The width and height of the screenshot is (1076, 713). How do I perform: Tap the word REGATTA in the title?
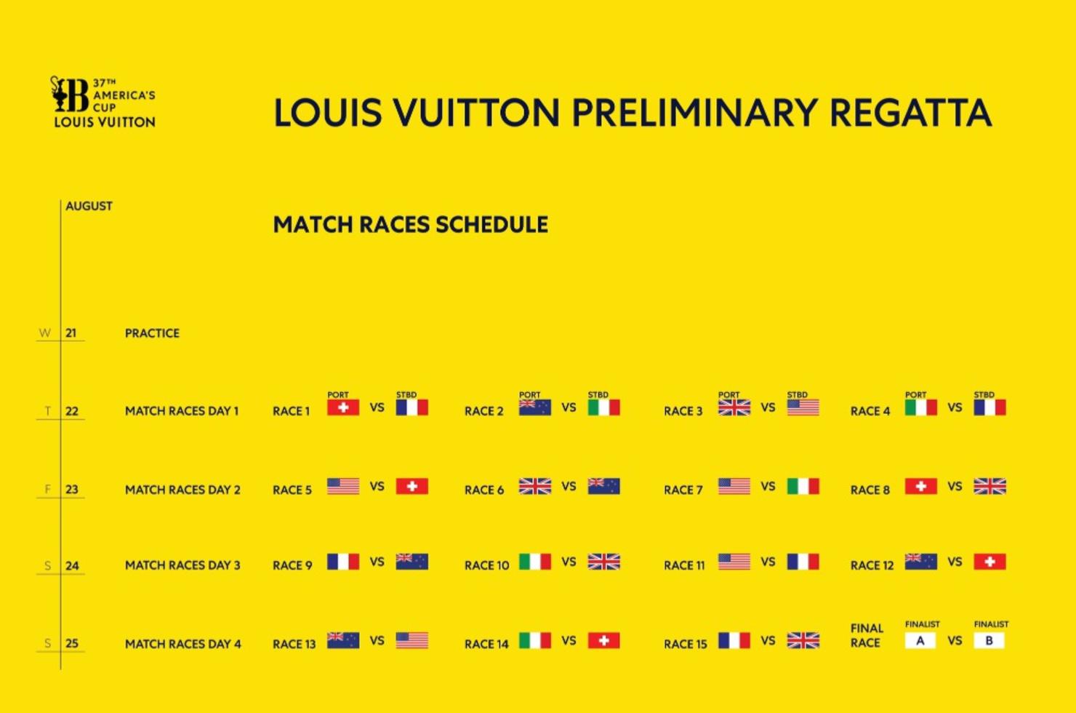point(910,113)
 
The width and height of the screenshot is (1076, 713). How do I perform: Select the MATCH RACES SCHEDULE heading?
point(410,225)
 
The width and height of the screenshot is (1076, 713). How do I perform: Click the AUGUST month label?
point(89,206)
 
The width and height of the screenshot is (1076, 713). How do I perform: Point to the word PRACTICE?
point(152,333)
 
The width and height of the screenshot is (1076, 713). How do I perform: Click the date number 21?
point(71,333)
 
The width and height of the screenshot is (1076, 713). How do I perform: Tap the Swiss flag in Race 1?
point(343,407)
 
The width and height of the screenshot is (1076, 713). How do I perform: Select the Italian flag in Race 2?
point(604,407)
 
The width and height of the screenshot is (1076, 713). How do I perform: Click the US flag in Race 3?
point(803,407)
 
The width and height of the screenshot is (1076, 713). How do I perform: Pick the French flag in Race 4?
point(989,407)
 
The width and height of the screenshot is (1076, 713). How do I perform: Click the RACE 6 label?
point(483,490)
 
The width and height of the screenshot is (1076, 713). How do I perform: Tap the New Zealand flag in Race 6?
point(604,486)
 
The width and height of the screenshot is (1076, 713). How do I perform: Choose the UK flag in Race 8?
point(989,486)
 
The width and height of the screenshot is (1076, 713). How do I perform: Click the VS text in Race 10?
point(569,562)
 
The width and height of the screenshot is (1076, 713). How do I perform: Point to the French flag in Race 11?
point(803,562)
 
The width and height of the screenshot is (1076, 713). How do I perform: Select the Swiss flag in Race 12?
point(989,562)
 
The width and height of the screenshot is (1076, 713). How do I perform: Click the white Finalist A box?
point(920,640)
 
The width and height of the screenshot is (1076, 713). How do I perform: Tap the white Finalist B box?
point(989,640)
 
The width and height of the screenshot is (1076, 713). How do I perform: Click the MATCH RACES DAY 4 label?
point(183,644)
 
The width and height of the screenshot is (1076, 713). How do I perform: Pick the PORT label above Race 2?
point(529,395)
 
